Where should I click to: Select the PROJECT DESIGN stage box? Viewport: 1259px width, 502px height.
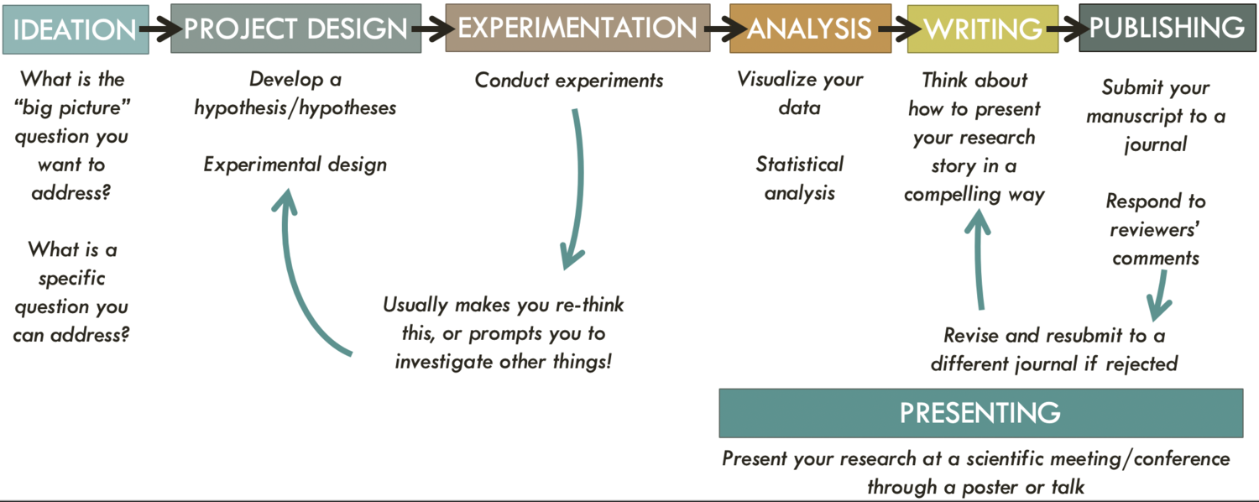(296, 29)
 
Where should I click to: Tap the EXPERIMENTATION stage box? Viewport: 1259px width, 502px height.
(577, 29)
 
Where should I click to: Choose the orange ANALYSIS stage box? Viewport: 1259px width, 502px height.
(810, 29)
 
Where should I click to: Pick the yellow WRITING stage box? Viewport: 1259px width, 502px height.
(982, 29)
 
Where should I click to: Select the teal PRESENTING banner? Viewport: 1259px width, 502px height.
(980, 413)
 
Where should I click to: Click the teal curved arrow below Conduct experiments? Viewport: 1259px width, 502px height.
(577, 185)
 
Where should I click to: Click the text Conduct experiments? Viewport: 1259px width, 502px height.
(569, 81)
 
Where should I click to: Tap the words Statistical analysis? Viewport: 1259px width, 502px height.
(800, 178)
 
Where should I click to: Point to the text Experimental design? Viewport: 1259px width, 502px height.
(295, 164)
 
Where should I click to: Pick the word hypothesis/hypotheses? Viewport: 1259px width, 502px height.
(295, 107)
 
